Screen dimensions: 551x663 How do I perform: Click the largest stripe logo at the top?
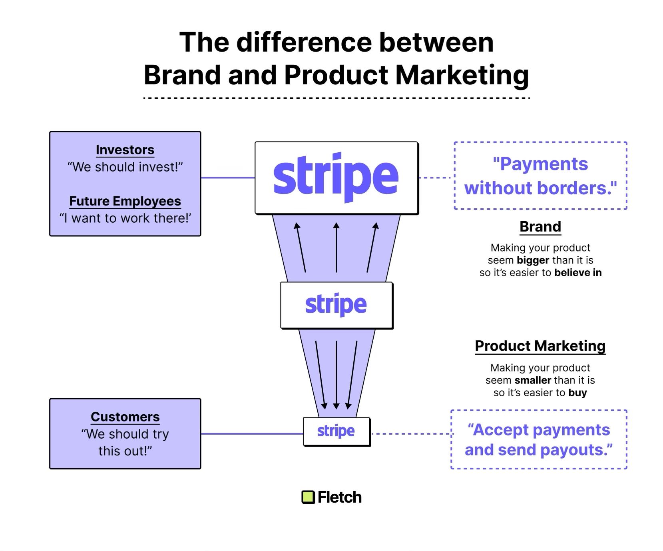pos(336,178)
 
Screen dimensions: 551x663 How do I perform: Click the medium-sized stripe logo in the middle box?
pos(336,305)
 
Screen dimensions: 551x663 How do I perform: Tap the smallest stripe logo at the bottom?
pos(336,431)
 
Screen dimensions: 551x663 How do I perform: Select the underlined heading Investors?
pos(125,150)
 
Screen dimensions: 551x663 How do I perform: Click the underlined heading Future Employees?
pos(125,201)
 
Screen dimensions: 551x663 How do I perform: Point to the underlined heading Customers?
pos(125,417)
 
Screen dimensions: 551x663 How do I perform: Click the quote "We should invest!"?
pos(125,167)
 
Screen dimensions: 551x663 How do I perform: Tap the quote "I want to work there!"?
pos(125,218)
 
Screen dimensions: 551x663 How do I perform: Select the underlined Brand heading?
pos(540,227)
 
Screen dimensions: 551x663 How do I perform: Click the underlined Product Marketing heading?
pos(540,346)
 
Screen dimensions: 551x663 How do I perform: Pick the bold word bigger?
pos(533,260)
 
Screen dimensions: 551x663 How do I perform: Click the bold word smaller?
pos(533,380)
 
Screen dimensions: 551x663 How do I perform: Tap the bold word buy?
pos(577,393)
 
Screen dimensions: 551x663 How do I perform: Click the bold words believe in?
pos(578,273)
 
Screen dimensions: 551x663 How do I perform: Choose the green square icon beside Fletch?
pos(308,497)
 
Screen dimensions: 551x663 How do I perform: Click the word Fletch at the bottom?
pos(340,497)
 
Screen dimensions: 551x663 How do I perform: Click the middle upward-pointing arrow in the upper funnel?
pos(336,248)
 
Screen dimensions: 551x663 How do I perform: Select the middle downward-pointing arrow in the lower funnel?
pos(336,374)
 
